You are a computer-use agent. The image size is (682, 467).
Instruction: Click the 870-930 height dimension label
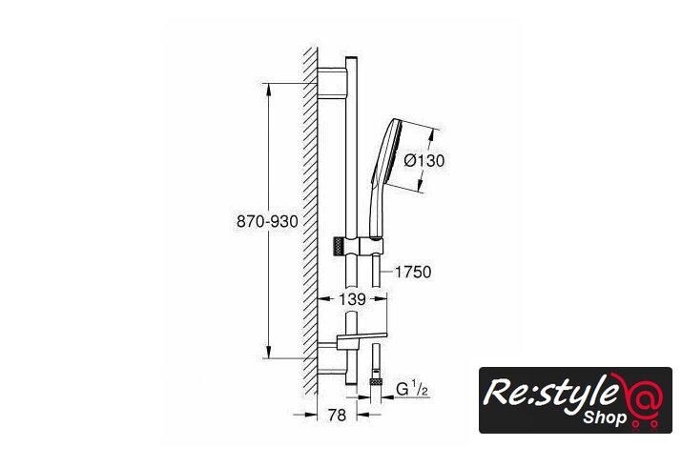click(x=267, y=221)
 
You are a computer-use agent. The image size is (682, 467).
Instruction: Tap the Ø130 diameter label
click(x=424, y=161)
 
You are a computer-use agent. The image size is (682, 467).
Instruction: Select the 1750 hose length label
click(x=413, y=272)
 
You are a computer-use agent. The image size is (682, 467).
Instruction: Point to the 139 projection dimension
click(x=352, y=299)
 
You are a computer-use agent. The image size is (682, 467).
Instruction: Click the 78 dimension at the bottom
click(x=337, y=416)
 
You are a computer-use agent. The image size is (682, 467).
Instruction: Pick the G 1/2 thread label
click(x=411, y=388)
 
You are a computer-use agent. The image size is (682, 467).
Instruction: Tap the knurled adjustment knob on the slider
click(x=340, y=247)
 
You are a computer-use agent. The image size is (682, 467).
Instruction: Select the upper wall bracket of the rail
click(x=332, y=83)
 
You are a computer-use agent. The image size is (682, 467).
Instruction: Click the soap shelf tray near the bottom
click(x=362, y=336)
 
